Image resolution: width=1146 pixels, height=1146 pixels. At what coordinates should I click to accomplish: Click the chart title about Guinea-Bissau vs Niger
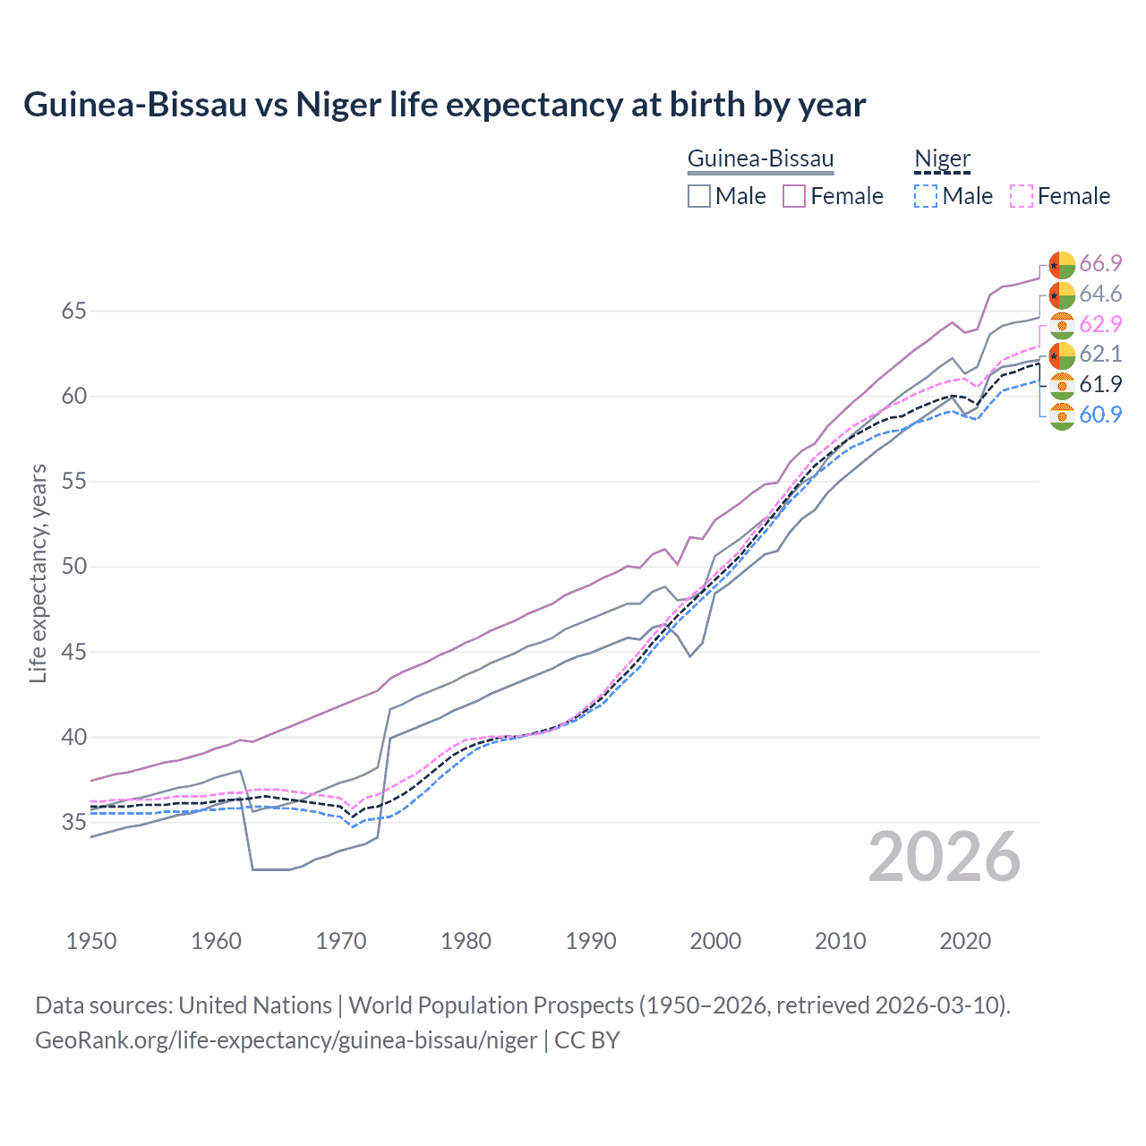click(x=444, y=105)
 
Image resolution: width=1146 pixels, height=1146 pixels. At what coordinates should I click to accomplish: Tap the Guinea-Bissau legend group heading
click(x=760, y=159)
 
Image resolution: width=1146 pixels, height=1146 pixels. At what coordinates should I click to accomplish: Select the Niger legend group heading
click(x=942, y=159)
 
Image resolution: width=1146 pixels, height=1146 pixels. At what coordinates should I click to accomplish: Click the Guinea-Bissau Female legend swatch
click(x=794, y=196)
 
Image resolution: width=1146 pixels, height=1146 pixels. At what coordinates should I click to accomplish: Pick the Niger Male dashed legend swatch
click(x=926, y=196)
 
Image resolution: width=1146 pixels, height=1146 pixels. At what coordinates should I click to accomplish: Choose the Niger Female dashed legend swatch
click(x=1021, y=196)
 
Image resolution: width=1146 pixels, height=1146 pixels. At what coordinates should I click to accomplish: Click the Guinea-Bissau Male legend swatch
click(x=699, y=196)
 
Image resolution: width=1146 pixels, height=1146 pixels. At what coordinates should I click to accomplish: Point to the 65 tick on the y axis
click(x=74, y=312)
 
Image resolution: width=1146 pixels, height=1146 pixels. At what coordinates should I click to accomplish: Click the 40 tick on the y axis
click(x=74, y=738)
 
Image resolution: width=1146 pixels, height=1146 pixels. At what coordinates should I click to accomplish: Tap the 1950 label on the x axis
click(x=91, y=941)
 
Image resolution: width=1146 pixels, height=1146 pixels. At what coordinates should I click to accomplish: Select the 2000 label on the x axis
click(x=715, y=941)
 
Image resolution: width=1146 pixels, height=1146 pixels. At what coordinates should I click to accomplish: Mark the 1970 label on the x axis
click(x=341, y=941)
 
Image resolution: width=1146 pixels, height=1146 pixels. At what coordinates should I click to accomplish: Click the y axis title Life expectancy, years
click(x=38, y=573)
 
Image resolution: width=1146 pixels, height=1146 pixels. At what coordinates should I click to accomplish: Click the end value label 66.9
click(x=1100, y=264)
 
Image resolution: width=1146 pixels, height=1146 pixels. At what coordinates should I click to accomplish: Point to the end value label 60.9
click(x=1100, y=415)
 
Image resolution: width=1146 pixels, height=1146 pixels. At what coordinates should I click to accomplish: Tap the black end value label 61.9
click(x=1100, y=384)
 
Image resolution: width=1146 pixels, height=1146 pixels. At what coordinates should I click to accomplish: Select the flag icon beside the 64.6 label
click(x=1062, y=295)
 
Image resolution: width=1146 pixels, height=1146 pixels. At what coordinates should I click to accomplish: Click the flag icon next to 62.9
click(x=1062, y=325)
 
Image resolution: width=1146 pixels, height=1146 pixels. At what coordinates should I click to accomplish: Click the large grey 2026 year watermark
click(x=945, y=857)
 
